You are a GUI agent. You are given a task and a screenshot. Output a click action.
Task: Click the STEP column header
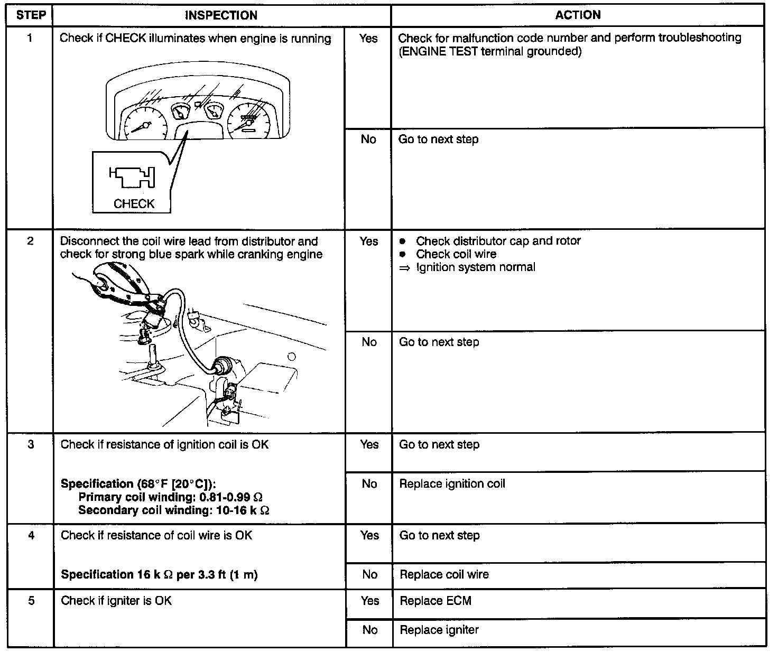click(30, 15)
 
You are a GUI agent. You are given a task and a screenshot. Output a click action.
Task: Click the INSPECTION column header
click(221, 15)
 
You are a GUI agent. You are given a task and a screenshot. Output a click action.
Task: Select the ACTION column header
click(578, 15)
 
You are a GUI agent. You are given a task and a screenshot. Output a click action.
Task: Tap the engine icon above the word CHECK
click(132, 178)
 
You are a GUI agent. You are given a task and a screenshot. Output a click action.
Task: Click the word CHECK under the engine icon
click(134, 203)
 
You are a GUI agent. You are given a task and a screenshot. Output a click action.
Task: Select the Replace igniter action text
click(439, 630)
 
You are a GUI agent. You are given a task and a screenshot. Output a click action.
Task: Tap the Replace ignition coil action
click(452, 483)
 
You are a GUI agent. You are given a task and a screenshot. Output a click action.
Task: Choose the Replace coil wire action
click(444, 574)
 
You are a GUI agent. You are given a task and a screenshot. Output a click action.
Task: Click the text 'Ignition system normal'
click(475, 267)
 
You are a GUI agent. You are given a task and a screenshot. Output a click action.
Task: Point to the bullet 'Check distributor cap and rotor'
click(498, 241)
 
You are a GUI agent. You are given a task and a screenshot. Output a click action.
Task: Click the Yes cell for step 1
click(368, 38)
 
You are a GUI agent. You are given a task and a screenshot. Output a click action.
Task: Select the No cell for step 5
click(369, 630)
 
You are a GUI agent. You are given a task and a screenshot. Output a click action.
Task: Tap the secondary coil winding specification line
click(174, 510)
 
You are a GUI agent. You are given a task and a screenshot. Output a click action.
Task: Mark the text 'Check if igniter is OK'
click(116, 601)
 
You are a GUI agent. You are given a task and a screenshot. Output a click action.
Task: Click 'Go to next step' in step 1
click(438, 139)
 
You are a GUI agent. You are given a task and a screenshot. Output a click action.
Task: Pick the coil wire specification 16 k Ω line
click(159, 574)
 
